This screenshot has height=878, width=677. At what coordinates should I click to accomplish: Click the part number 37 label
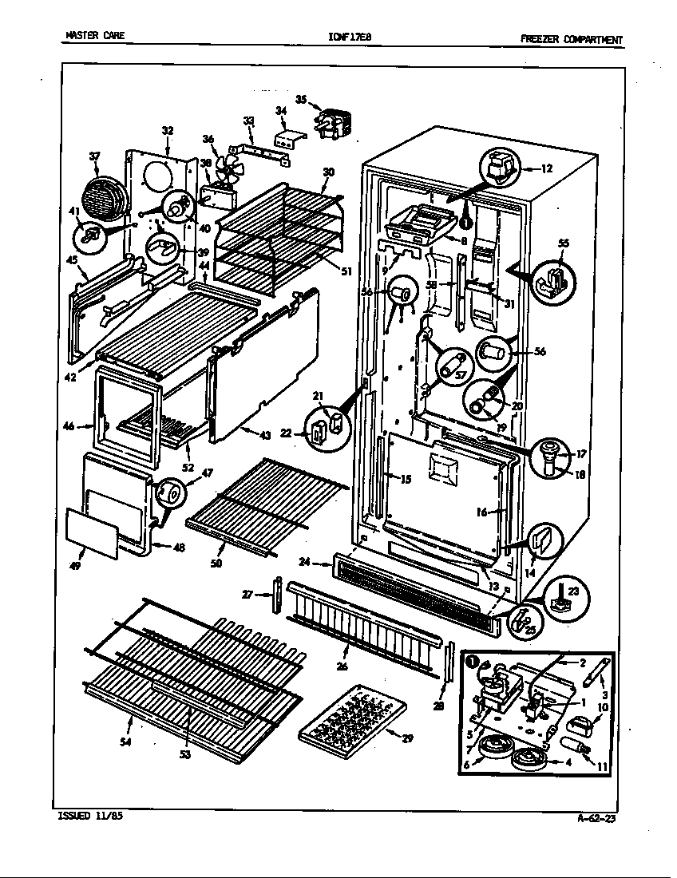pos(95,156)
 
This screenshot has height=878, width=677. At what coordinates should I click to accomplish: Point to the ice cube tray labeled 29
pos(350,721)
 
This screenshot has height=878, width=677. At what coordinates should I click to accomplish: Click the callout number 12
pos(546,168)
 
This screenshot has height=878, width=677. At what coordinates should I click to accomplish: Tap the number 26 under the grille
pos(342,666)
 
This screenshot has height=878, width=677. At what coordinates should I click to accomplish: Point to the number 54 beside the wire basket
pos(124,742)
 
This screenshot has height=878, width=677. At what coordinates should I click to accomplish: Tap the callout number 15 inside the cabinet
pos(406,480)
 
